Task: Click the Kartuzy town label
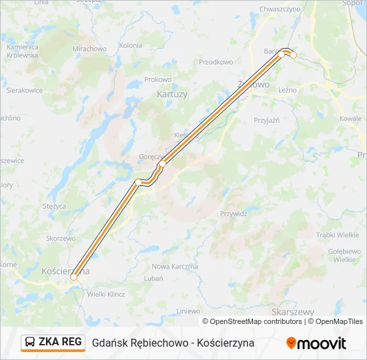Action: point(172,95)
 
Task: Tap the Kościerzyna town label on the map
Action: point(65,272)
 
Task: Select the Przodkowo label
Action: point(216,62)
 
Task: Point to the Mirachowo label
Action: point(89,49)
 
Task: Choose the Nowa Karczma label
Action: point(175,267)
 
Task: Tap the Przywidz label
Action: point(234,214)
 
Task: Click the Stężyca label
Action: point(55,207)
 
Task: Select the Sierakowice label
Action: point(25,89)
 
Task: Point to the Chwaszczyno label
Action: point(280,9)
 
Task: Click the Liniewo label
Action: point(188,311)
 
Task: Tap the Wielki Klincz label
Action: point(106,294)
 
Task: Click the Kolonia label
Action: point(130,45)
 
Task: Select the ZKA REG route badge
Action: point(53,342)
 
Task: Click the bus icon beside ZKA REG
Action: point(31,343)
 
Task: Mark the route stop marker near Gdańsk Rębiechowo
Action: point(293,55)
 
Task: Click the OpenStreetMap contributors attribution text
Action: point(252,321)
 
